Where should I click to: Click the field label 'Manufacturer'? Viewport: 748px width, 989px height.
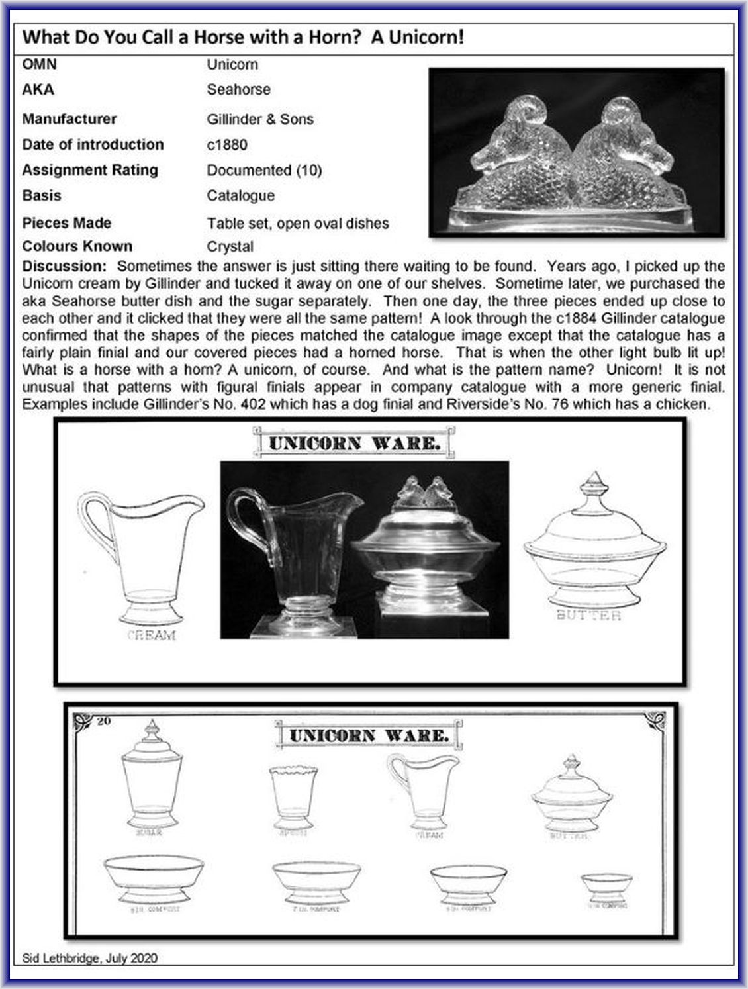[69, 119]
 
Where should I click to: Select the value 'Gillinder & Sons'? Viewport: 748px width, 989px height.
[259, 120]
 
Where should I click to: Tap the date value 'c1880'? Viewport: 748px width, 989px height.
[226, 145]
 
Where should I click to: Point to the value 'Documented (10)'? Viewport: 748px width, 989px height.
[264, 171]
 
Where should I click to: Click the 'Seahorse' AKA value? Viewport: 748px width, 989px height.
[238, 90]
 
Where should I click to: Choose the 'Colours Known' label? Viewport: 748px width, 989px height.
[77, 246]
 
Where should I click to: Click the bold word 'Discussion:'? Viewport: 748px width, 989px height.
[64, 267]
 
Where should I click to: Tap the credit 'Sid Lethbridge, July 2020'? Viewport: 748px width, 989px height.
[89, 957]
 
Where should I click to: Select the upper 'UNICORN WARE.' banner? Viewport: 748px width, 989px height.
[354, 444]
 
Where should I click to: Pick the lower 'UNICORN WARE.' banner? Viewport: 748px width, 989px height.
[369, 735]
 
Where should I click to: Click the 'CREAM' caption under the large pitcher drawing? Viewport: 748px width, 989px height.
[152, 636]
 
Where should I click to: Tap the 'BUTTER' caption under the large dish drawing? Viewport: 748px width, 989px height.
[589, 616]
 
